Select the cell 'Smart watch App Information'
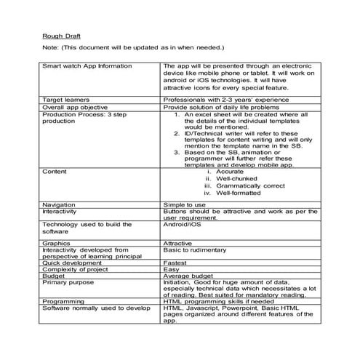click(x=87, y=65)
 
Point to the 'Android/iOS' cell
click(x=183, y=225)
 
